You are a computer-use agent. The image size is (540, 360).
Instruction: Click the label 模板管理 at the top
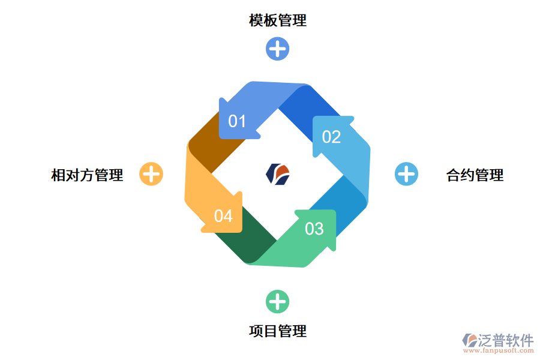click(278, 20)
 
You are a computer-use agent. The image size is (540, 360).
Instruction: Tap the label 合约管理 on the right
click(475, 175)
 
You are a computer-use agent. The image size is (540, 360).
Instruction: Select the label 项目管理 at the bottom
click(278, 331)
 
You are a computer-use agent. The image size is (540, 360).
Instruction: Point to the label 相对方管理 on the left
click(87, 175)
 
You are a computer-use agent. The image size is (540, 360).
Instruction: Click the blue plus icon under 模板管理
click(277, 49)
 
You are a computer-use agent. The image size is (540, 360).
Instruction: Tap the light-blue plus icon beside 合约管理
click(406, 174)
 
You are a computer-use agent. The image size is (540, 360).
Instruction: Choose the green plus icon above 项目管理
click(277, 301)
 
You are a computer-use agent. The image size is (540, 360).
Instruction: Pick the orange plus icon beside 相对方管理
click(151, 174)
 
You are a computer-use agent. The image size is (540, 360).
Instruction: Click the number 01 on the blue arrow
click(238, 121)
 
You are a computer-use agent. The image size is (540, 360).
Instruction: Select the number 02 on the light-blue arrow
click(331, 137)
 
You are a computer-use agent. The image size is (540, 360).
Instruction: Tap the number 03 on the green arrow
click(314, 229)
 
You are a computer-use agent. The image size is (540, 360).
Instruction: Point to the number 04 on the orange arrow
click(223, 215)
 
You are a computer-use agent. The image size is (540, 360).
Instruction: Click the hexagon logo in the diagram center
click(277, 174)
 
